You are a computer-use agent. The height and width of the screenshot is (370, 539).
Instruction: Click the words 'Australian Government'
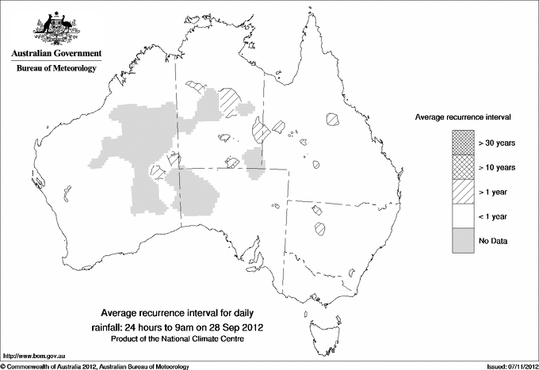click(x=56, y=54)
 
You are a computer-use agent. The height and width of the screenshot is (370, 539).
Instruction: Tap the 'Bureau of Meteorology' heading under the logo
click(x=56, y=69)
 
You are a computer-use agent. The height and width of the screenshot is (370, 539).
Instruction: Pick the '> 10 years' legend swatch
click(x=462, y=166)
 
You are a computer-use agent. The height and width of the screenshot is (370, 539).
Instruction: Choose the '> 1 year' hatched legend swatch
click(x=462, y=191)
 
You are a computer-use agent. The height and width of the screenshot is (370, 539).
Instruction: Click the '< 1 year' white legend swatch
click(x=462, y=216)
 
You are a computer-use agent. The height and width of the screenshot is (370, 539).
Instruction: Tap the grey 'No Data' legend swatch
click(x=462, y=240)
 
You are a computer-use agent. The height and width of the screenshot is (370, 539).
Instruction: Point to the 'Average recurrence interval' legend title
click(x=463, y=116)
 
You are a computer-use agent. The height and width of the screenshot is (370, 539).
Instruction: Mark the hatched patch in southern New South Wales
click(x=321, y=230)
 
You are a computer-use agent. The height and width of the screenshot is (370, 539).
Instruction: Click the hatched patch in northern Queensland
click(x=332, y=120)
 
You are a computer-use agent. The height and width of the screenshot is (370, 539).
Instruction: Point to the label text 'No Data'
click(x=492, y=240)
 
